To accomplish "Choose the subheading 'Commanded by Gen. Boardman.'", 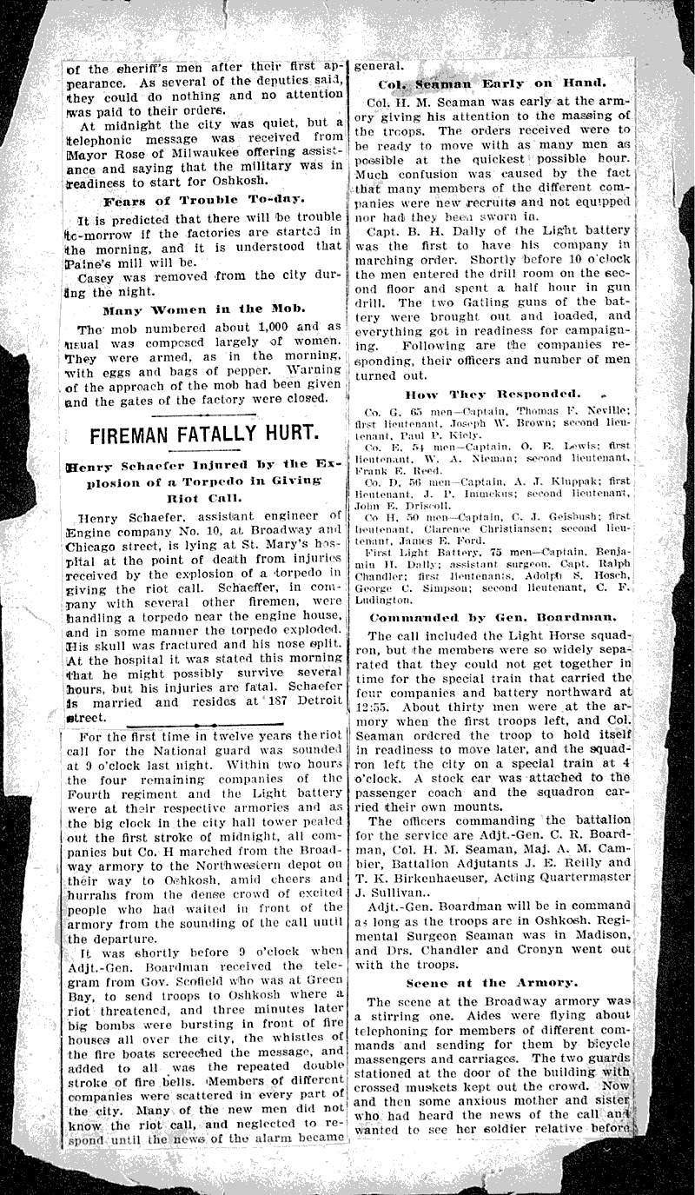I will point(493,617).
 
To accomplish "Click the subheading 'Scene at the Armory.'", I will point(492,982).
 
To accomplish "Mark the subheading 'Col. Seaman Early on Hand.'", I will point(492,83).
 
